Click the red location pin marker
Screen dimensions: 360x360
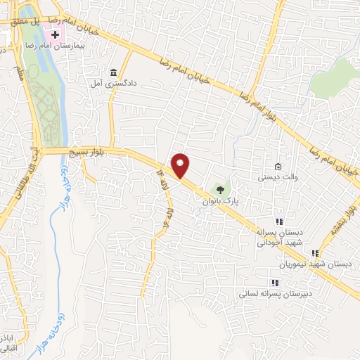[x=181, y=165]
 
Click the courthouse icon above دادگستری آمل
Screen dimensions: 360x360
[x=114, y=72]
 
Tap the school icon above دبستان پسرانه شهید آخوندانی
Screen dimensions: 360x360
[x=278, y=221]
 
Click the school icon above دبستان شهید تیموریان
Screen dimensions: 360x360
[x=315, y=253]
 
